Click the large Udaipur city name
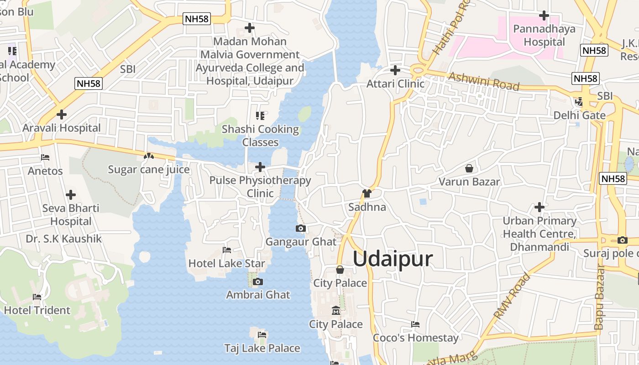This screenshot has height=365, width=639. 393,259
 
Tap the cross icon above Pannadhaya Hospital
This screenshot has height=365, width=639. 544,16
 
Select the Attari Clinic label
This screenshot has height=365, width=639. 395,84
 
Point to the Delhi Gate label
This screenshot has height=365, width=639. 579,115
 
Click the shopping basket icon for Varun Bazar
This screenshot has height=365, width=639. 469,168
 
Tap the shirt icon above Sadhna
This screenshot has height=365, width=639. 367,193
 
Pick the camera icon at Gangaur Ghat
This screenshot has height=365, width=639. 300,228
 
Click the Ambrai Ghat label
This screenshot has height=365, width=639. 258,295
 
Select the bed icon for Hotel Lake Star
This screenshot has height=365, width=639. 226,250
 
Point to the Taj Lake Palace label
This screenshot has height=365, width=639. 262,349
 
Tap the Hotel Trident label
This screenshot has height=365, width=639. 37,310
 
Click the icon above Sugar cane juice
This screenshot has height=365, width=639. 148,156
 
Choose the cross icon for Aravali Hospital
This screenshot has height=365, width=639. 61,114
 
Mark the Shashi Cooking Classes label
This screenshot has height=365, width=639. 260,136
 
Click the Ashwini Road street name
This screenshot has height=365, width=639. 484,81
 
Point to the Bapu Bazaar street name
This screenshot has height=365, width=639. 600,297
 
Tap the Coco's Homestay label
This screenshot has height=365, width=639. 415,338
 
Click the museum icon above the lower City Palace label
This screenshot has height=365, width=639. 336,311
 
